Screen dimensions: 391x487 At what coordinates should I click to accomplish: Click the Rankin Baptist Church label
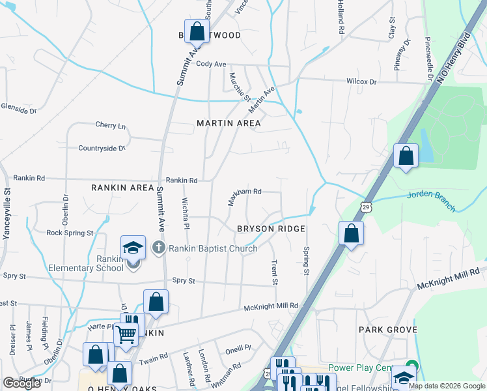[x=213, y=248]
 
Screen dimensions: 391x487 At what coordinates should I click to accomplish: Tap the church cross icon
[x=158, y=248]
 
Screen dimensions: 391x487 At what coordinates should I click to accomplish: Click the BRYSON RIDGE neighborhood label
[x=271, y=229]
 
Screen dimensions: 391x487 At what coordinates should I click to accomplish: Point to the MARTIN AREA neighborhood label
[x=229, y=123]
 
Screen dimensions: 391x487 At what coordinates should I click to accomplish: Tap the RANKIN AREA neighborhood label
[x=122, y=188]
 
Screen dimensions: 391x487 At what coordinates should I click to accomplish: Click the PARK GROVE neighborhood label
[x=388, y=330]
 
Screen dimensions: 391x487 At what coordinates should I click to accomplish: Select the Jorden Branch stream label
[x=432, y=201]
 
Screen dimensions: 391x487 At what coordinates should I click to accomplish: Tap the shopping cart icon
[x=126, y=334]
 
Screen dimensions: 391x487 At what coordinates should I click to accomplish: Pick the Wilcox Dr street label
[x=361, y=81]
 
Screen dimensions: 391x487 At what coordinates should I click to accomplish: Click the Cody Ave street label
[x=211, y=65]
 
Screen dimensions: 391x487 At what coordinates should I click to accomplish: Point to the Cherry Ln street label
[x=110, y=125]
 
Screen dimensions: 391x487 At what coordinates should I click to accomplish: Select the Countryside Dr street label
[x=102, y=149]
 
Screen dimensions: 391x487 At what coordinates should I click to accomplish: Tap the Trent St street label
[x=275, y=272]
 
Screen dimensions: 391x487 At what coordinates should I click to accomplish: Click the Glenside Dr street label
[x=18, y=109]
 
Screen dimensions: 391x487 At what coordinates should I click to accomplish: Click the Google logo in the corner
[x=22, y=383]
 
